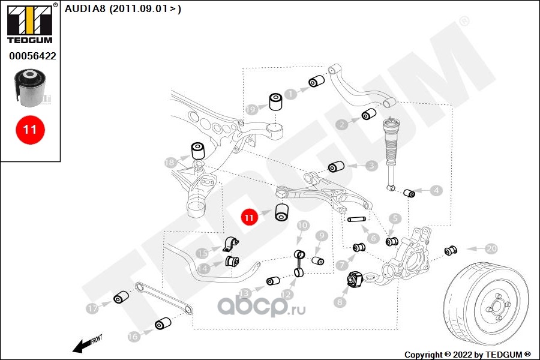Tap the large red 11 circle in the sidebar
(x=30, y=129)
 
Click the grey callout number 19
(x=251, y=109)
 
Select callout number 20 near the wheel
(x=491, y=248)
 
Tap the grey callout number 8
(x=340, y=302)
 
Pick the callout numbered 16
(x=133, y=337)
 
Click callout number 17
(x=92, y=308)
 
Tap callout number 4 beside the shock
(x=436, y=190)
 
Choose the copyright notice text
(x=467, y=354)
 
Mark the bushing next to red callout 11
(x=281, y=212)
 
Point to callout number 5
(x=395, y=219)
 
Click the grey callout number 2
(x=341, y=125)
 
